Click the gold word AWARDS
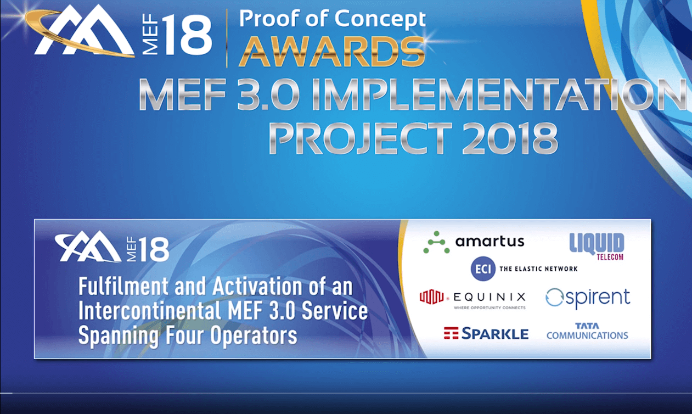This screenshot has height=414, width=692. (x=332, y=52)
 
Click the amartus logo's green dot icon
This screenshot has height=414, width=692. (x=436, y=242)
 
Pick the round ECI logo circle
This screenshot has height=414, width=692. (x=483, y=268)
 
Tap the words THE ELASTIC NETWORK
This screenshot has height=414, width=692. (x=538, y=269)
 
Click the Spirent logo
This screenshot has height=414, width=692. (x=588, y=298)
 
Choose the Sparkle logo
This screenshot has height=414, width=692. (x=486, y=333)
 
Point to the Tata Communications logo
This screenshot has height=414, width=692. (x=587, y=331)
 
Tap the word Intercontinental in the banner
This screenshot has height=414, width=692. (x=148, y=311)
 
